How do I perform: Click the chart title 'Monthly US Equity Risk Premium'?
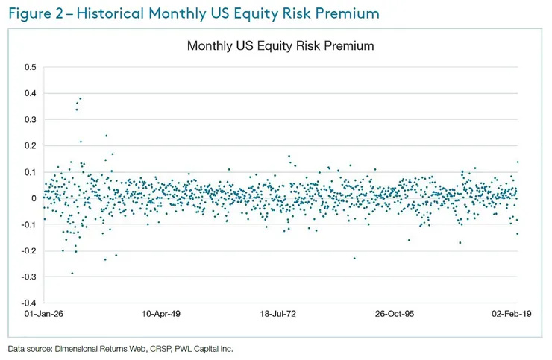[x=280, y=46]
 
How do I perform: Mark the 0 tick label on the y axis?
[x=33, y=198]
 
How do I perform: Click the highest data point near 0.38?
[x=80, y=98]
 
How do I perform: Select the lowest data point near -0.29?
[x=72, y=273]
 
